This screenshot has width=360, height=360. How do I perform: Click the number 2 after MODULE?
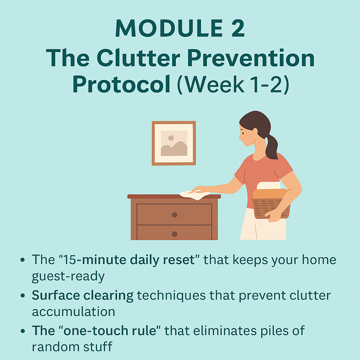(x=238, y=28)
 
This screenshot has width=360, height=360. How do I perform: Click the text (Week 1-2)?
(x=233, y=84)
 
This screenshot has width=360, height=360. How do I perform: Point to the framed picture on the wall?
(x=174, y=143)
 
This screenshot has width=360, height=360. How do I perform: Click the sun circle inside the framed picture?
(x=171, y=138)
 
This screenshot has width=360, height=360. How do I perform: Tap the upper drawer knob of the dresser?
(x=174, y=215)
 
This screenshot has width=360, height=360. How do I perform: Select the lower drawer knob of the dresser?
(x=174, y=234)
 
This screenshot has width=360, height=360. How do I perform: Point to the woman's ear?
(x=255, y=131)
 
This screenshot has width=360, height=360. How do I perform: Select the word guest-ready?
(x=68, y=277)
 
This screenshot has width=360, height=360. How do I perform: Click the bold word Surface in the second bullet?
(x=56, y=295)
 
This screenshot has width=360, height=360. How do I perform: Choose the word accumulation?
(x=73, y=312)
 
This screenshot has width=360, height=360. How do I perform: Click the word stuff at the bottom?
(x=98, y=347)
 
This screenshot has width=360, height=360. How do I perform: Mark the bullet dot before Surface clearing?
(x=22, y=295)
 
